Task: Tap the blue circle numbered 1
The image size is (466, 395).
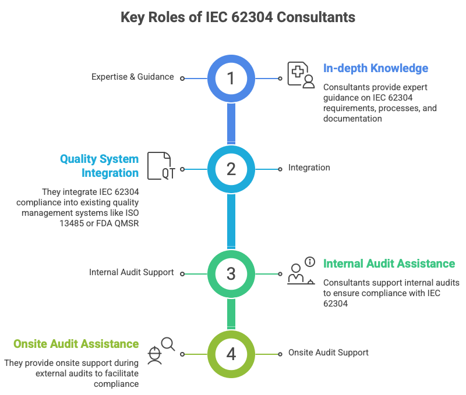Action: (x=231, y=78)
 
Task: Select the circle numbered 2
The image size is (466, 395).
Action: (x=231, y=169)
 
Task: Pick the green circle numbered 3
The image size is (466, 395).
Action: (x=231, y=273)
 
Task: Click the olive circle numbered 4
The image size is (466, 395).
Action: (x=231, y=353)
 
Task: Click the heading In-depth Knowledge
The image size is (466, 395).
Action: (x=376, y=68)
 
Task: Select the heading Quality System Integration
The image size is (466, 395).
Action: (x=99, y=166)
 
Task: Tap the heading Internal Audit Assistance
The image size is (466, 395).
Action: (x=389, y=264)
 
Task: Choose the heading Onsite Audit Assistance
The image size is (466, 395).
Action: (x=76, y=344)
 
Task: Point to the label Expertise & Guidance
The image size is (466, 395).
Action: (x=132, y=77)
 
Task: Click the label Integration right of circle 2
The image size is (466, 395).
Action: (x=309, y=168)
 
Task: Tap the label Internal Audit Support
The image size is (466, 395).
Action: (x=131, y=272)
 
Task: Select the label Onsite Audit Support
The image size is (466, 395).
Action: (x=329, y=353)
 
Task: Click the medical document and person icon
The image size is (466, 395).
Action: (x=301, y=74)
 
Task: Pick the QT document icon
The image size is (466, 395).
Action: (x=160, y=165)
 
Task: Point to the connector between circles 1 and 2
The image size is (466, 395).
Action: (x=231, y=123)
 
